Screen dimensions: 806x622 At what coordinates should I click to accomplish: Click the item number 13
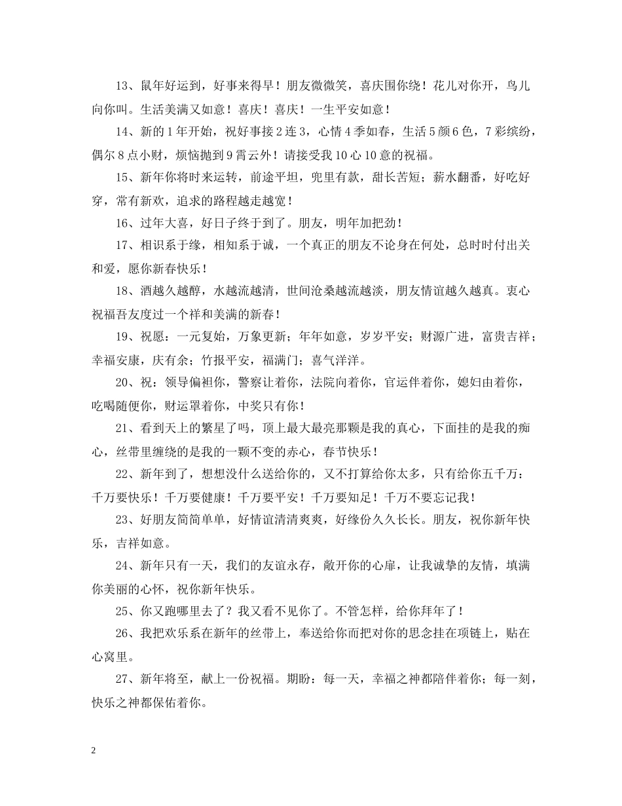pyautogui.click(x=122, y=86)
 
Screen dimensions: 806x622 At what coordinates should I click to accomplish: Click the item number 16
pyautogui.click(x=122, y=223)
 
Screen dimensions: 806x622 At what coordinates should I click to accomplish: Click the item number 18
pyautogui.click(x=122, y=292)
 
